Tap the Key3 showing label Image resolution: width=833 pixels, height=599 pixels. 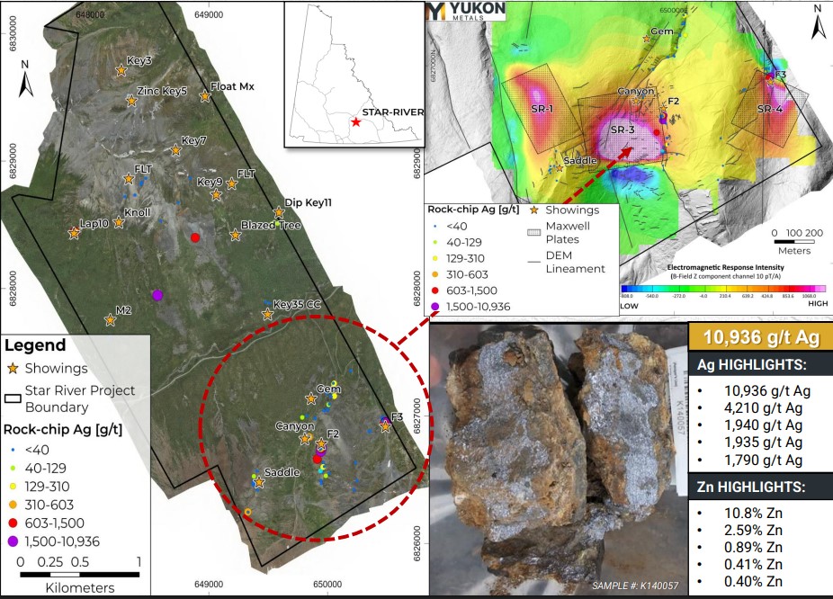click(x=139, y=61)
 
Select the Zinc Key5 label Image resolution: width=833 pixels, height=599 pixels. click(x=162, y=91)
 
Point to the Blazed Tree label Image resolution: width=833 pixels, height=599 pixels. click(x=271, y=225)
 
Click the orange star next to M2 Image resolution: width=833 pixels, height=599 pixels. click(x=110, y=319)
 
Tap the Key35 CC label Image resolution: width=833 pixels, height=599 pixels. click(x=297, y=304)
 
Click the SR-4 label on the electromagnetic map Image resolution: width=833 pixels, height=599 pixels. click(x=770, y=109)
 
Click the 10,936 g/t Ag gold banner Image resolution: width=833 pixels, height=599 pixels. click(x=760, y=337)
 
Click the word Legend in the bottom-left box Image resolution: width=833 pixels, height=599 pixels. click(x=35, y=345)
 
